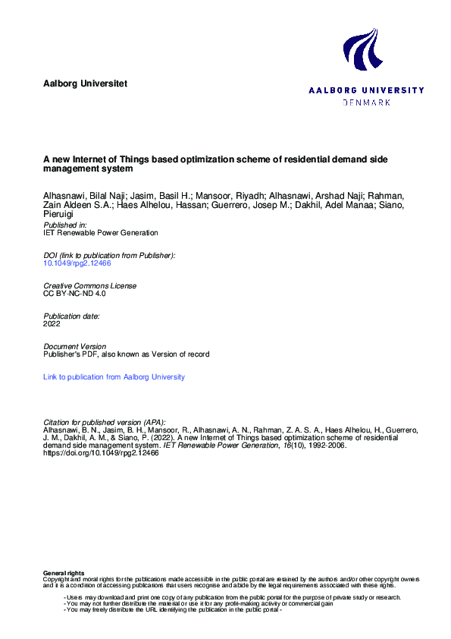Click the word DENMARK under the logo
point(367,102)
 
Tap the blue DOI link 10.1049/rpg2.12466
point(77,263)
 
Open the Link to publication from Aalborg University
point(114,376)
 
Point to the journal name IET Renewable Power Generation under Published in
point(101,233)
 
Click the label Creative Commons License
point(90,285)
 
